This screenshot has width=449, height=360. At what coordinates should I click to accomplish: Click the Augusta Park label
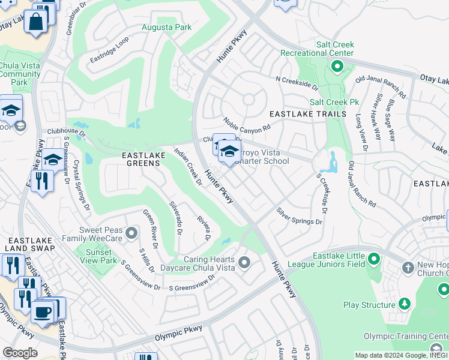pos(166,27)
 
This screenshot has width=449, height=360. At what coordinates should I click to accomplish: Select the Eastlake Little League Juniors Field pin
pos(373,259)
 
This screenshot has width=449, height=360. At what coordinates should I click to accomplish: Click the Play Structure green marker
pos(405,305)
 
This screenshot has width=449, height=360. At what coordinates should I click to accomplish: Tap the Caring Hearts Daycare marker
pos(244,262)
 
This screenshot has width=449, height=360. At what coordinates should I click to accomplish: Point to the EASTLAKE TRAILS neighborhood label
pos(308,114)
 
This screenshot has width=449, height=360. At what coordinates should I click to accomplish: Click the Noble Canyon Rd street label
pos(247,125)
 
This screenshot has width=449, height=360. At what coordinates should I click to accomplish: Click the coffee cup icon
pos(42,312)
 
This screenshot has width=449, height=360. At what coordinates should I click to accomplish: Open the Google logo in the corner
pos(20,353)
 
